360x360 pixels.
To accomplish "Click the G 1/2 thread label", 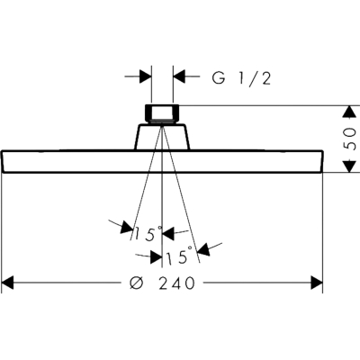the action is pos(241,77).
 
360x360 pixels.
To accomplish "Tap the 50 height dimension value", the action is pos(350,139).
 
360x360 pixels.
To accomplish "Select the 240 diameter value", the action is pos(176,283).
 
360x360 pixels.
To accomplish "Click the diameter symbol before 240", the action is pos(137,283).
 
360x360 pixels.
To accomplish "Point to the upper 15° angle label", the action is pos(148,234).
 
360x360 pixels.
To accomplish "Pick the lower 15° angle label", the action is pos(179,256).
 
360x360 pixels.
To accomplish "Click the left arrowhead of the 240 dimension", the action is pos(7,283).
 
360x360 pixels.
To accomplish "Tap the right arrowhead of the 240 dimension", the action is pos(317,283).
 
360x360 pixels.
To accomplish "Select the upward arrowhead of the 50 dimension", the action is pos(348,112).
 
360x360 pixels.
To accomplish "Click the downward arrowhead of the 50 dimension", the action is pos(348,166).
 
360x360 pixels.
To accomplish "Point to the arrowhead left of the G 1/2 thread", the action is pos(146,76).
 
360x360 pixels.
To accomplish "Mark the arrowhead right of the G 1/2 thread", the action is pos(179,76).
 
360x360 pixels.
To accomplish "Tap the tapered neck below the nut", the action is pos(162,137).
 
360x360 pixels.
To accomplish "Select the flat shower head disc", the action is pos(162,161).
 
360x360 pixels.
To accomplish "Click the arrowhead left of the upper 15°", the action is pos(127,228).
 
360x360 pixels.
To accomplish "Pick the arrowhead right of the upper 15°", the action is pos(168,234).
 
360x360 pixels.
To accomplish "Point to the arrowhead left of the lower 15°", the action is pos(157,257).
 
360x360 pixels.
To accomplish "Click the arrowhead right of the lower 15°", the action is pos(204,249).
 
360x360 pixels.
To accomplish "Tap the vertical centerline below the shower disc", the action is pos(162,220).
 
